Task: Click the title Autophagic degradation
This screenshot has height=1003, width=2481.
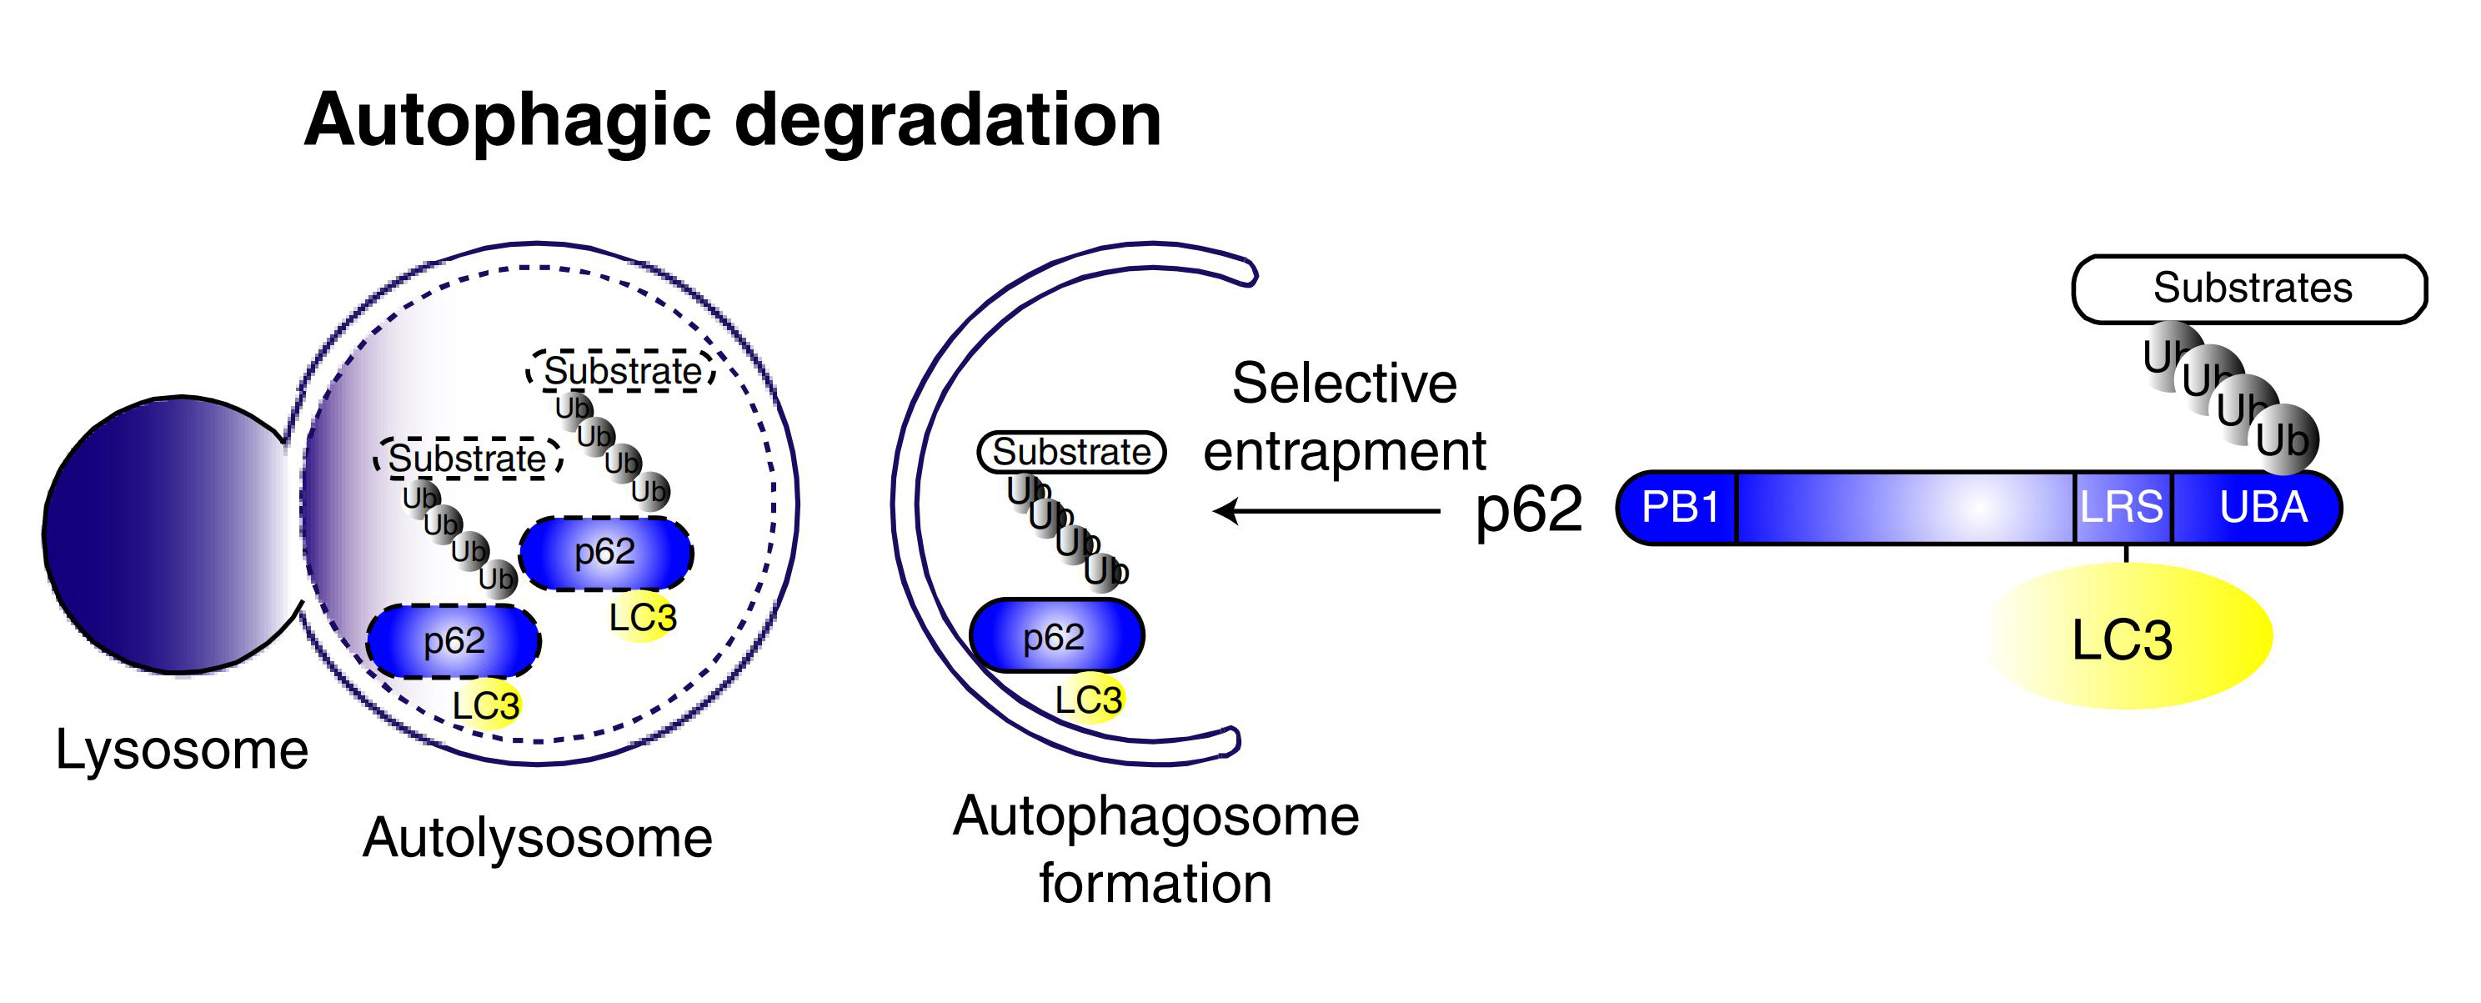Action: coord(732,119)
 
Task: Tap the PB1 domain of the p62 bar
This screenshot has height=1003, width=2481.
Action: coord(1680,507)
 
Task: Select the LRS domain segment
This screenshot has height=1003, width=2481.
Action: coord(2122,507)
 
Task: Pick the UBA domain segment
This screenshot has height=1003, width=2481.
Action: coord(2263,507)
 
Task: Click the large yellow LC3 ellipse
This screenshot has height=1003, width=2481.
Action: coord(2128,638)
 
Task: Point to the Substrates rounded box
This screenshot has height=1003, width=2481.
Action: coord(2250,288)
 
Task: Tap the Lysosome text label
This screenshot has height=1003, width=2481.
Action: coord(181,750)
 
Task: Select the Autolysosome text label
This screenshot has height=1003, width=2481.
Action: coord(538,837)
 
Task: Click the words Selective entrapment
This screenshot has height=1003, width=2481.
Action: coord(1345,416)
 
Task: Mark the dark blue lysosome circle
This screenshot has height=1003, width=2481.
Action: coord(163,534)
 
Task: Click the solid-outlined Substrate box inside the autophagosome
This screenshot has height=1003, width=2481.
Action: coord(1071,452)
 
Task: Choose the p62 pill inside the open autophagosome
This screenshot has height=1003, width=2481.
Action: coord(1055,636)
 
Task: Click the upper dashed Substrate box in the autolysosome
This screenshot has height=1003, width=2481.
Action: coord(621,371)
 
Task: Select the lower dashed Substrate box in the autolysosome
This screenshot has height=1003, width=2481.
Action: coord(468,459)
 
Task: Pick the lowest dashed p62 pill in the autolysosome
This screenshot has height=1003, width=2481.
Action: coord(453,640)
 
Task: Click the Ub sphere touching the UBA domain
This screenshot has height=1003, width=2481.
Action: coord(2284,440)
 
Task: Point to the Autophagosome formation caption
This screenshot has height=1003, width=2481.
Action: coord(1155,849)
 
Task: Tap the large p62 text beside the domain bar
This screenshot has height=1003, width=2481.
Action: coord(1528,509)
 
